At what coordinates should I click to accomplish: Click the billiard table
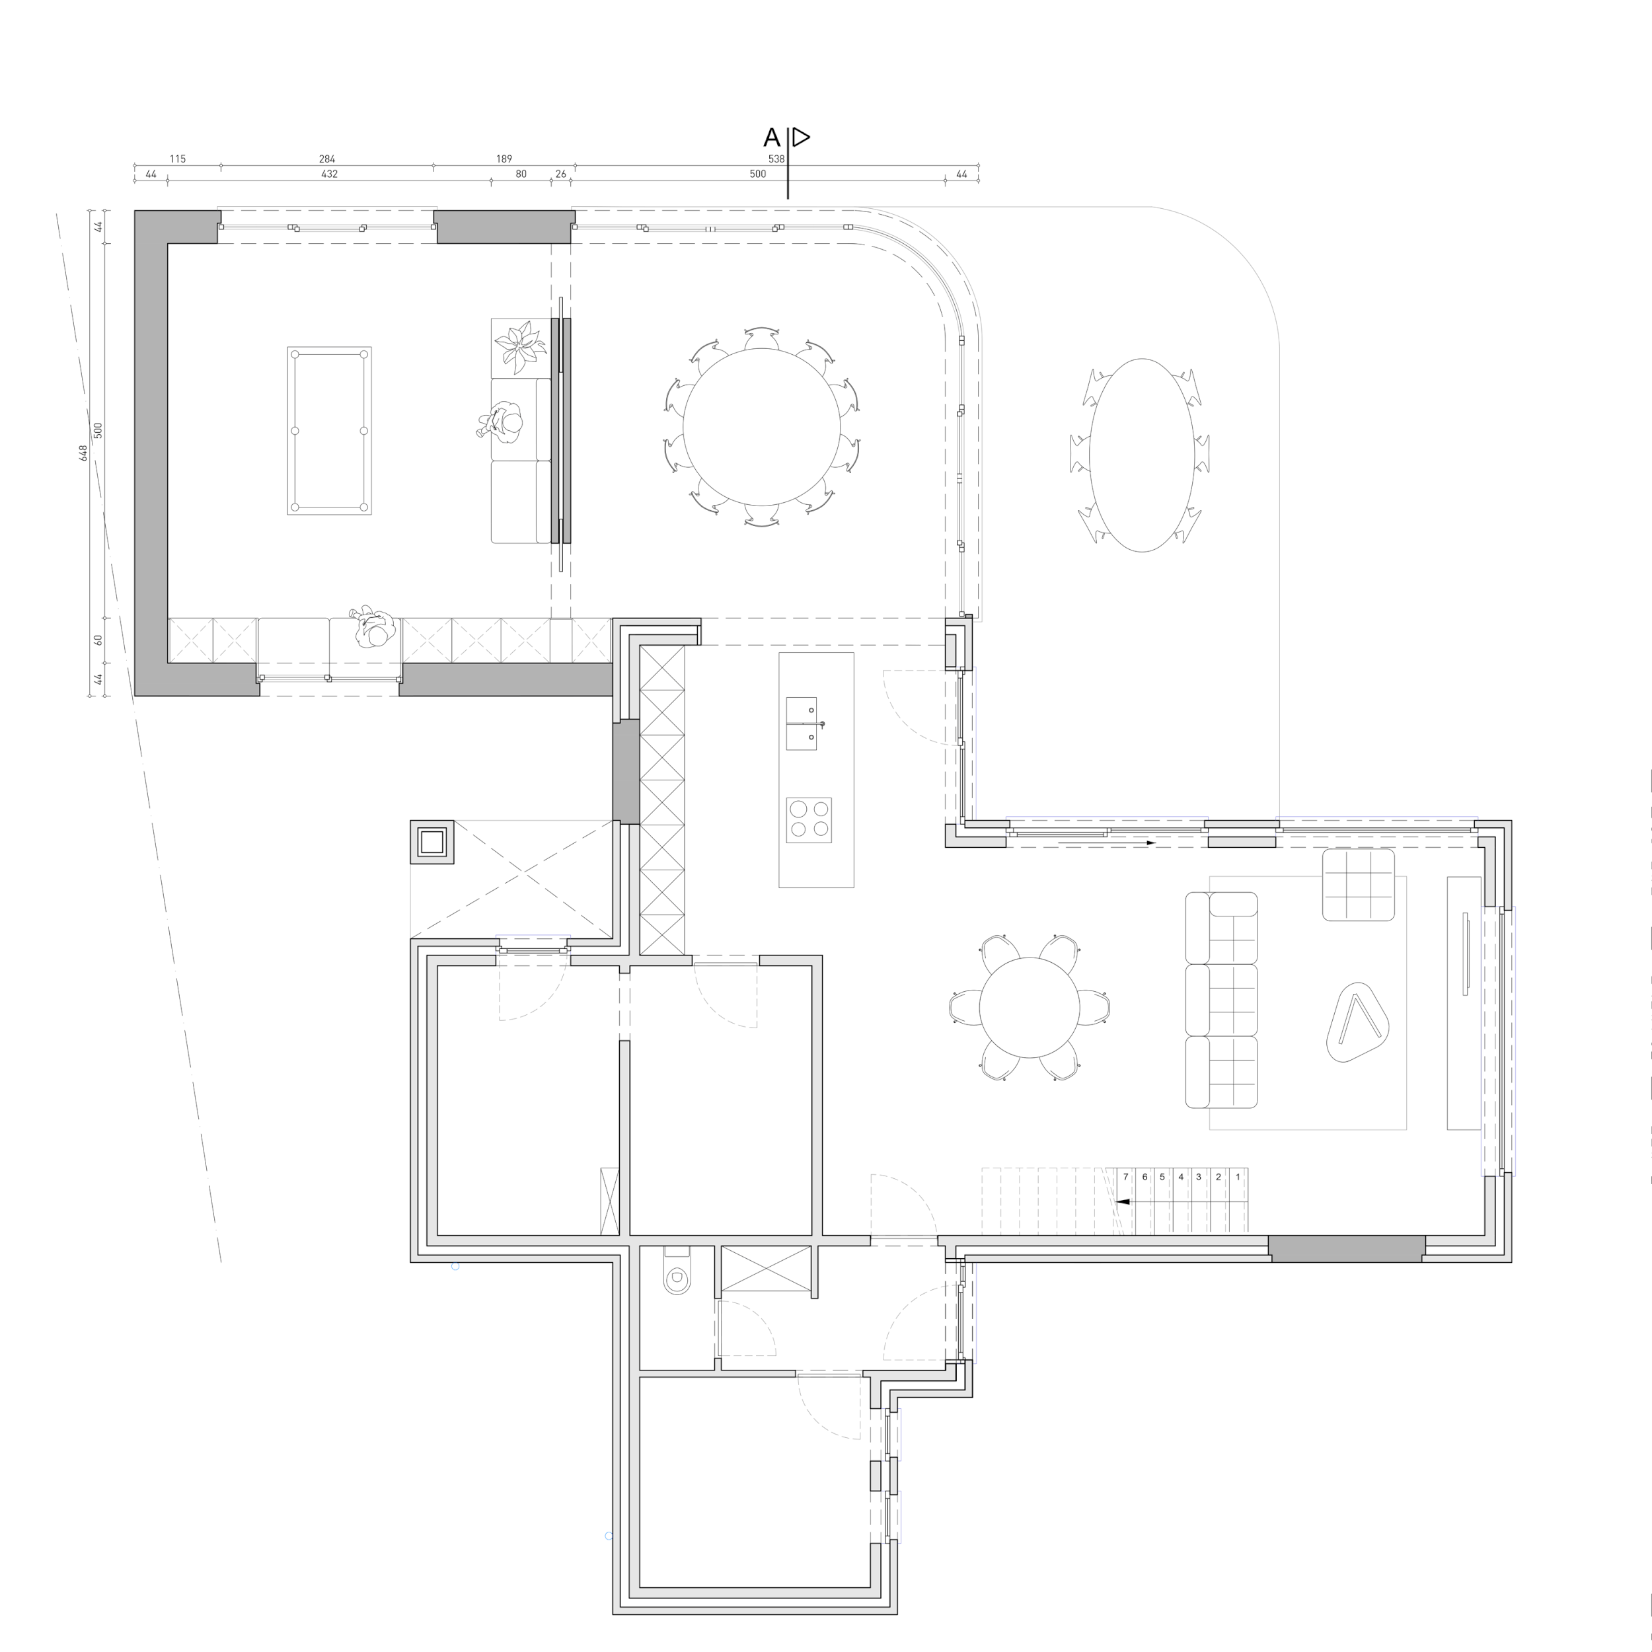329,430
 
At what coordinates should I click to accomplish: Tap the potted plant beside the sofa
520,347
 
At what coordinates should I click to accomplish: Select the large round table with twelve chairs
761,427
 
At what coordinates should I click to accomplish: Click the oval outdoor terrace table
1141,455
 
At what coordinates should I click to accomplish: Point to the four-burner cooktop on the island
808,820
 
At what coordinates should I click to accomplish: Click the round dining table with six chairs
1030,1007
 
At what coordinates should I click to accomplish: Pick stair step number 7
1126,1177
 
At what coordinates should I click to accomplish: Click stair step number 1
1237,1177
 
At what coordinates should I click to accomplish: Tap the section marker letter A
771,137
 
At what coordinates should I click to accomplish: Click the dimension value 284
326,159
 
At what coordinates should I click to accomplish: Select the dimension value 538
776,159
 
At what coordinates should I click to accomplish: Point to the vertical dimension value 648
84,453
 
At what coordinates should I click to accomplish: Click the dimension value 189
504,159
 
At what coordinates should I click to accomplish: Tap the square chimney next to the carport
432,843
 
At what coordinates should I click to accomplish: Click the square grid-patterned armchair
1358,885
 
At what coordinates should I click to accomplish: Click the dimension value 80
521,174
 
